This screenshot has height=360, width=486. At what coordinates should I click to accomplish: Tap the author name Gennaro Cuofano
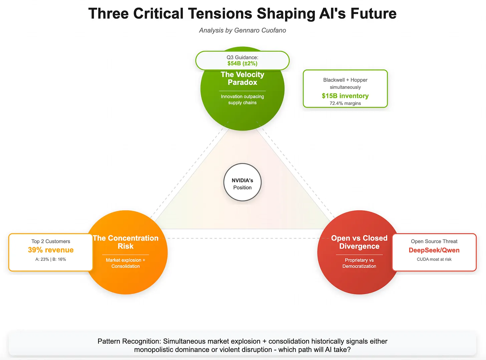pyautogui.click(x=260, y=30)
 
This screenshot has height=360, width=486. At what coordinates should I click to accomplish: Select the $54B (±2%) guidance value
pyautogui.click(x=242, y=63)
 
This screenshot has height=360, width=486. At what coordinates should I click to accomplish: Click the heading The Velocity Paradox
pyautogui.click(x=242, y=78)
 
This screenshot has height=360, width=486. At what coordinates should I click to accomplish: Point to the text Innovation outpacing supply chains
pyautogui.click(x=242, y=100)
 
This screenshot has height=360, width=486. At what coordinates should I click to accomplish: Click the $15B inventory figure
pyautogui.click(x=345, y=96)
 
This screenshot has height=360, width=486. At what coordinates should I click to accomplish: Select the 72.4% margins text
pyautogui.click(x=345, y=104)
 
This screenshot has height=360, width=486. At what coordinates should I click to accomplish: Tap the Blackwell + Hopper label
pyautogui.click(x=345, y=80)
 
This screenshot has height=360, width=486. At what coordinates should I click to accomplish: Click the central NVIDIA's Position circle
pyautogui.click(x=242, y=182)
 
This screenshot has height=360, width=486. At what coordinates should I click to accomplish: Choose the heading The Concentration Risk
pyautogui.click(x=126, y=242)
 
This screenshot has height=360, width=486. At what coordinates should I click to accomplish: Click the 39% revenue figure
pyautogui.click(x=51, y=250)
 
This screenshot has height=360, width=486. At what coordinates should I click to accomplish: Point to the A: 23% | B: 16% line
pyautogui.click(x=51, y=259)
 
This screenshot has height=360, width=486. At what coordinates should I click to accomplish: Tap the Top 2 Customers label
pyautogui.click(x=51, y=241)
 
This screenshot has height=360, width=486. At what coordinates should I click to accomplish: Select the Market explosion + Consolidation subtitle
pyautogui.click(x=126, y=263)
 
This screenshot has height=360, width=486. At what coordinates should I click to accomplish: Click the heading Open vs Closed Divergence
pyautogui.click(x=359, y=242)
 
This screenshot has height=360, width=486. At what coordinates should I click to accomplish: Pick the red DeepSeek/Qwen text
pyautogui.click(x=434, y=250)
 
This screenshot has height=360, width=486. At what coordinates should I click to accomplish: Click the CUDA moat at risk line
pyautogui.click(x=434, y=259)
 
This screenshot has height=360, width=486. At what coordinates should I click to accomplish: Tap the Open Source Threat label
pyautogui.click(x=434, y=241)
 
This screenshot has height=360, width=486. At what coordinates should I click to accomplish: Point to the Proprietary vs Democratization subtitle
pyautogui.click(x=359, y=263)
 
